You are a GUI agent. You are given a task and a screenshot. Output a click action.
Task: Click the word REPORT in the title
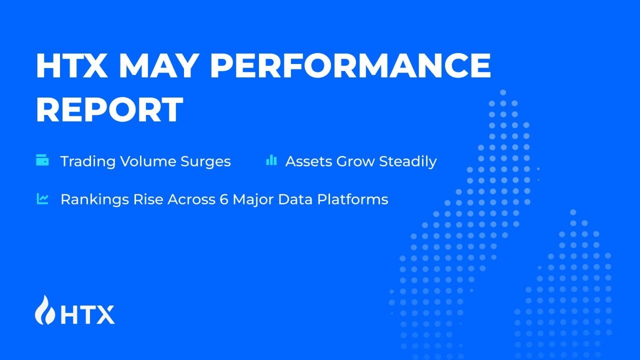click(109, 110)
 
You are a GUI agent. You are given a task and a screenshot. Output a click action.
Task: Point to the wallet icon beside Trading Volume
click(42, 160)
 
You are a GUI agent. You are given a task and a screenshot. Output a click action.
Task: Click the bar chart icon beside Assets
click(271, 160)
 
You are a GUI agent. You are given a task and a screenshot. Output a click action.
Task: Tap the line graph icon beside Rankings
click(42, 198)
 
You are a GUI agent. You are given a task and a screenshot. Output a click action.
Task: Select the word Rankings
click(90, 199)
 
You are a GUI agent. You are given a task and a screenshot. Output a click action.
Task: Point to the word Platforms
click(357, 199)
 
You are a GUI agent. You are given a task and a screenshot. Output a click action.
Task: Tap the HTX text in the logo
click(87, 314)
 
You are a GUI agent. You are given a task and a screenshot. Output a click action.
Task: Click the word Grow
click(355, 161)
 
